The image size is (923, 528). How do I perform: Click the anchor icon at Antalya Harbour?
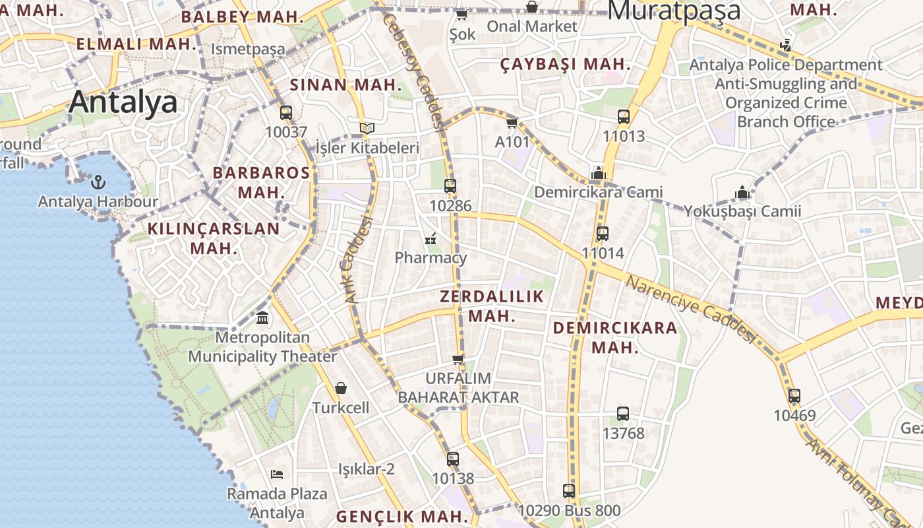98,181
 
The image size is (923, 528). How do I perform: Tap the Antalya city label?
123,102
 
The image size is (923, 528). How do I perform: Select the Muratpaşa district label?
673,11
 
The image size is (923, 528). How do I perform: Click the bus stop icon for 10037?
285,113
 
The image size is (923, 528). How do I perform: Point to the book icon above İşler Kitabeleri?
367,128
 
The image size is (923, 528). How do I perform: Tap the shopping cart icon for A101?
512,123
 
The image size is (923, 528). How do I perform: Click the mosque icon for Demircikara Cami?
598,174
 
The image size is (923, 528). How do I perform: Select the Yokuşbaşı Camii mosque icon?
742,192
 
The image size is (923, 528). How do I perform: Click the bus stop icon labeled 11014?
602,234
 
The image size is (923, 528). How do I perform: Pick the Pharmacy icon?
431,238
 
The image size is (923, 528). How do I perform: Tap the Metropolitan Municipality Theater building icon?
262,318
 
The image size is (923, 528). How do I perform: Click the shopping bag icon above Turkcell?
341,388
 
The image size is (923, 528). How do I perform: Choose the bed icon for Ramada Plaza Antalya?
277,474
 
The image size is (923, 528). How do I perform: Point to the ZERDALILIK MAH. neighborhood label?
491,306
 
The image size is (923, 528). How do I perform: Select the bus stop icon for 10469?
794,396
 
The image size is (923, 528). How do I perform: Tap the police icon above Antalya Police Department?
785,46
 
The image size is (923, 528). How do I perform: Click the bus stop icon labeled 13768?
622,414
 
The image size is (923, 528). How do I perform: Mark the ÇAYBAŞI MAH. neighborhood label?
565,64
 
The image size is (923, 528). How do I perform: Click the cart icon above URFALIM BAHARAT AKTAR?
458,359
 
